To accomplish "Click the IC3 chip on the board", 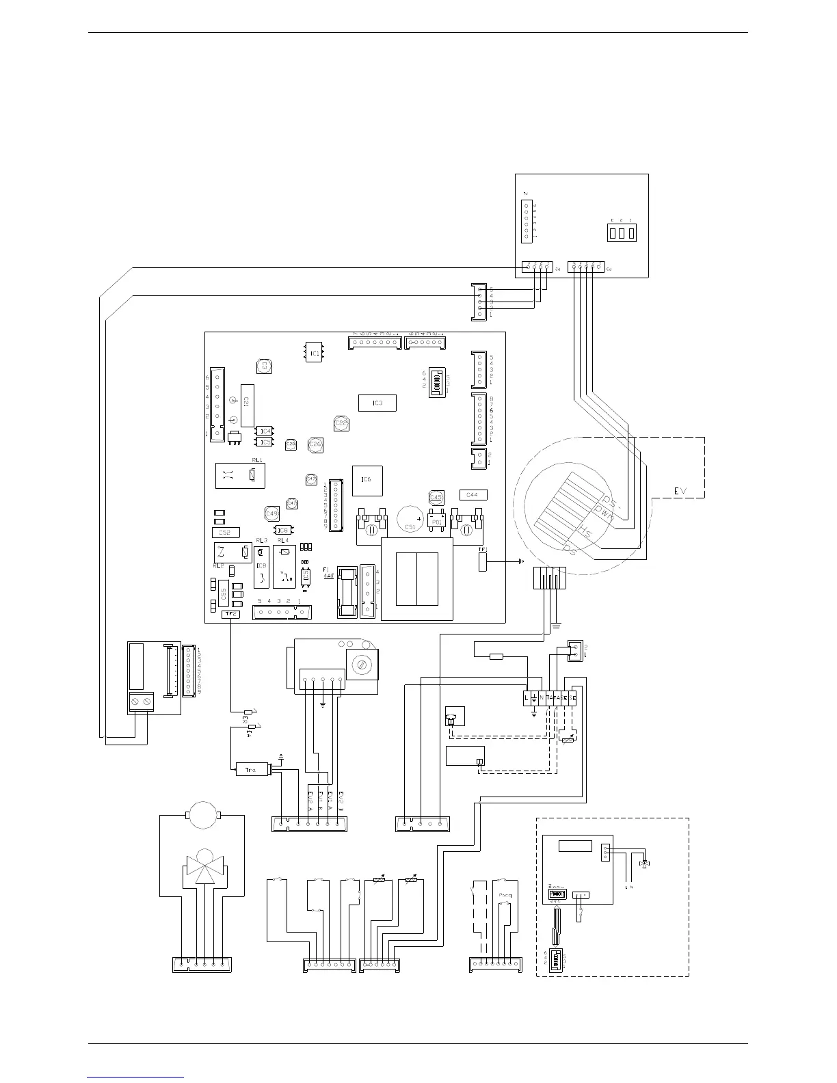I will click(377, 403).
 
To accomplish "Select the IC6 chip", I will click(367, 480).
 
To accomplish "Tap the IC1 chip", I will click(314, 352).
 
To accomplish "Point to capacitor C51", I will click(409, 516).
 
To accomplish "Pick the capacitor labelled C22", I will click(341, 424).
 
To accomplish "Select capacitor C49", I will click(271, 513).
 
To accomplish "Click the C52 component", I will click(226, 532).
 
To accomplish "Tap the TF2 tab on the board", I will click(231, 614).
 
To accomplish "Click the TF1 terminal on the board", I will click(483, 561).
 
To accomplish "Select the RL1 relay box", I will click(239, 476).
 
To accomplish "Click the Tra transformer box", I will click(252, 771).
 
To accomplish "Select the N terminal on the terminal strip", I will click(542, 697).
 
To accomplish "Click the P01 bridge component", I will click(436, 520).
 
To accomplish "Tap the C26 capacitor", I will click(315, 444).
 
